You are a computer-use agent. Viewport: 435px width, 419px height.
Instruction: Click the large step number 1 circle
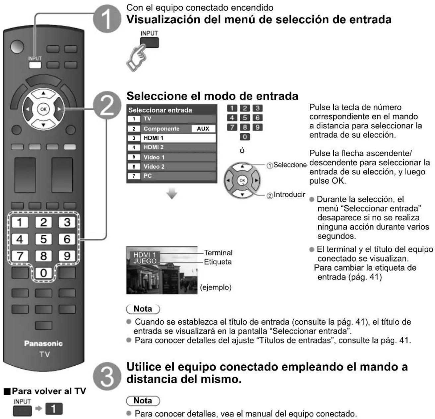click(x=107, y=19)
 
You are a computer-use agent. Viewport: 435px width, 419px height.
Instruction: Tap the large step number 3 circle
click(x=107, y=376)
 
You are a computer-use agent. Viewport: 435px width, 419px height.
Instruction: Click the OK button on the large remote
click(x=43, y=109)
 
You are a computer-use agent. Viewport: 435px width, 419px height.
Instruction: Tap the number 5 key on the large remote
click(x=43, y=239)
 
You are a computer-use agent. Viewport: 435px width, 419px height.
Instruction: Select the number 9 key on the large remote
click(x=67, y=256)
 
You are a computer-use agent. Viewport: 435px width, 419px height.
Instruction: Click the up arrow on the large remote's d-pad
click(x=43, y=93)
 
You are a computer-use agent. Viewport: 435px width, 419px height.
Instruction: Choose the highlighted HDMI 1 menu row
click(x=172, y=138)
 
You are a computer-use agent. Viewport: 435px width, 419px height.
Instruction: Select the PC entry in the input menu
click(x=172, y=176)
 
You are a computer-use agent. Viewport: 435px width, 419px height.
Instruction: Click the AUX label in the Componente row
click(x=203, y=129)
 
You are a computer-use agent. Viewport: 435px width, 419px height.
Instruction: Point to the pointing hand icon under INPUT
click(x=137, y=58)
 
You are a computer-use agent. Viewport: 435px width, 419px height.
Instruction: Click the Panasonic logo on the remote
click(x=43, y=343)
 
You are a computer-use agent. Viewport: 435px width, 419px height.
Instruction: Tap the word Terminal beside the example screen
click(x=218, y=253)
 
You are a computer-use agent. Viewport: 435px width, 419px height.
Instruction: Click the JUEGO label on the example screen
click(x=145, y=261)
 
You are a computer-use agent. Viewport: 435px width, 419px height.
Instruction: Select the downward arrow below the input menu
click(x=172, y=194)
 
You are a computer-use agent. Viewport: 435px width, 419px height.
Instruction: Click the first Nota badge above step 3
click(x=143, y=309)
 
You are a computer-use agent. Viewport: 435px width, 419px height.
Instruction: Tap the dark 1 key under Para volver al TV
click(x=54, y=409)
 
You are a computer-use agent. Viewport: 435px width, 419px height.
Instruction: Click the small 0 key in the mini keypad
click(x=245, y=137)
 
